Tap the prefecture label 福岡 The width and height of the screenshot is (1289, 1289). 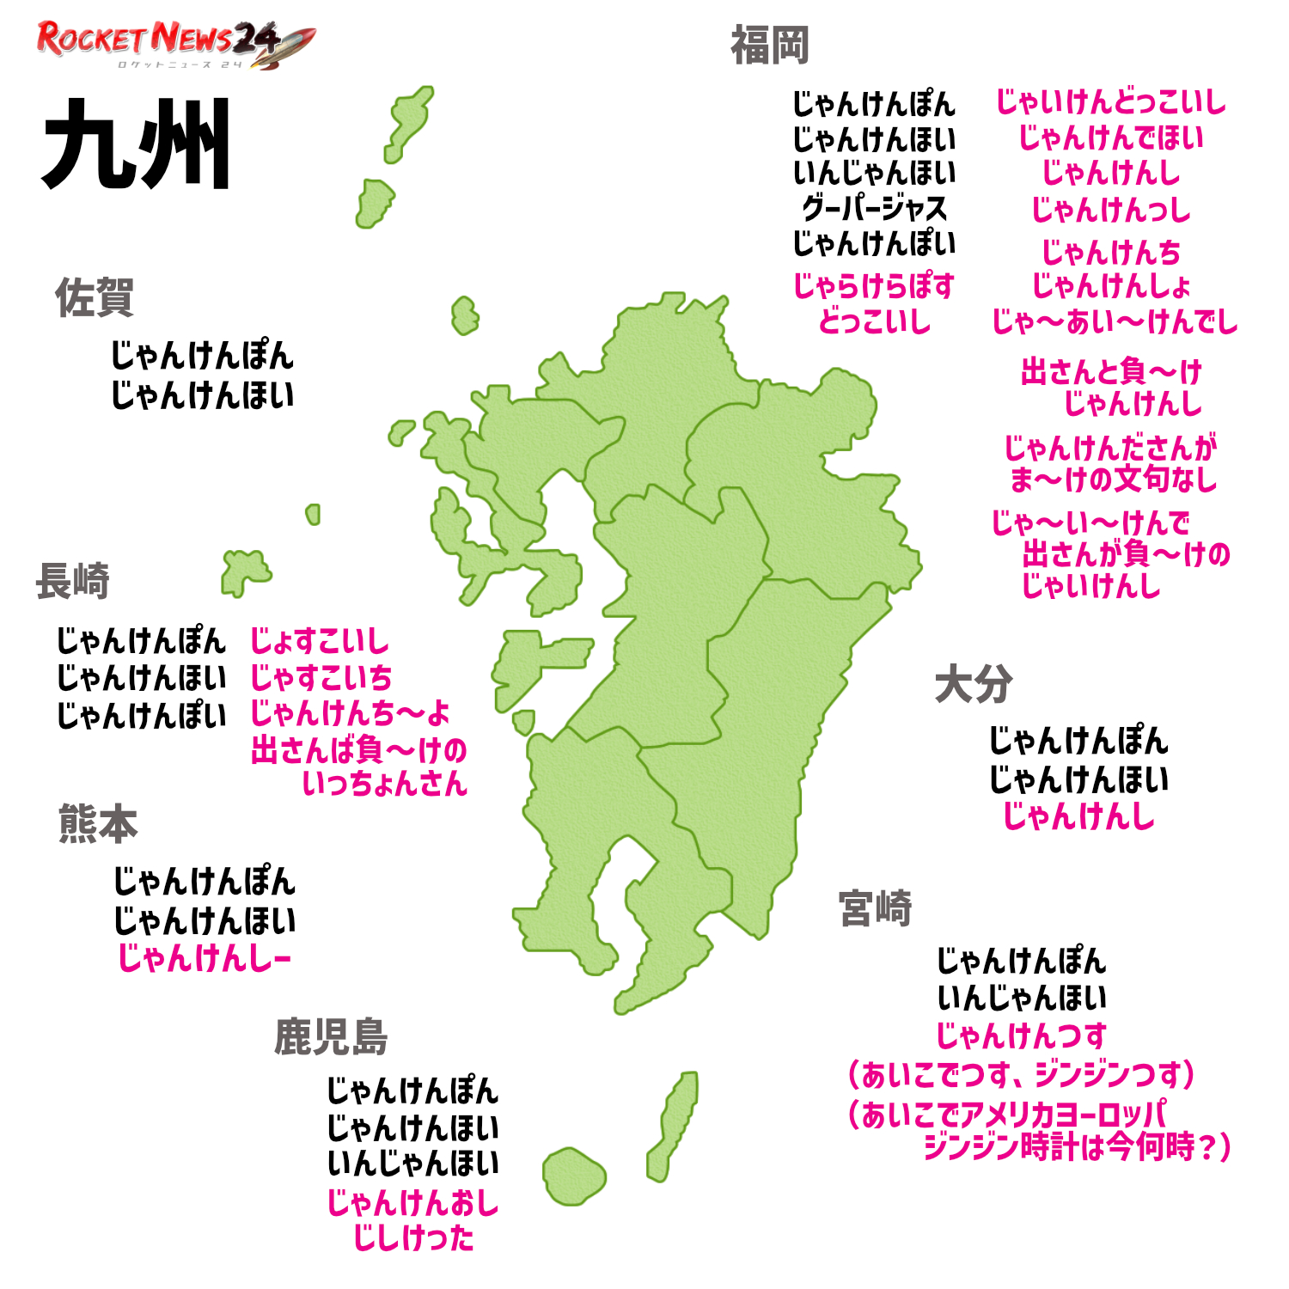pos(769,46)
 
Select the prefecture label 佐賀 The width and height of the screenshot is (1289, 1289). pos(95,297)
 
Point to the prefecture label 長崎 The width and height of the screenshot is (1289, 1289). pos(73,581)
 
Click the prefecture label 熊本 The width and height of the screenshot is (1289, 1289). pos(98,823)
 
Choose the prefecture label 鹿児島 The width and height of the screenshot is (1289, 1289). pos(331,1036)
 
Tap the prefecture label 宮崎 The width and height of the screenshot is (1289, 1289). pos(875,908)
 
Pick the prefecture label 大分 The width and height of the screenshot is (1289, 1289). pos(974,685)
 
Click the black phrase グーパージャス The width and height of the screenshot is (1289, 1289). pos(874,208)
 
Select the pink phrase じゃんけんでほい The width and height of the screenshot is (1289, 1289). pos(1110,137)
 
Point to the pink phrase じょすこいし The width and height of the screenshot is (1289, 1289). pos(319,641)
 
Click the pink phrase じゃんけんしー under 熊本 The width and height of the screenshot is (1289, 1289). pos(205,958)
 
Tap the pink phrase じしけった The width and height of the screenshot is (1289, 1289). pos(413,1238)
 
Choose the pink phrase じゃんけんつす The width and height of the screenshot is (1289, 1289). pos(1021,1035)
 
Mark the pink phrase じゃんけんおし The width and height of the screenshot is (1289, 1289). pos(412,1202)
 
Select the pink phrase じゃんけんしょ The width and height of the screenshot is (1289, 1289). pos(1110,285)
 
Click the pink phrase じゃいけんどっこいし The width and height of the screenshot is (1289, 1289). pos(1110,102)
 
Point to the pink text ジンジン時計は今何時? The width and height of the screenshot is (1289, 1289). pos(1076,1147)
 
